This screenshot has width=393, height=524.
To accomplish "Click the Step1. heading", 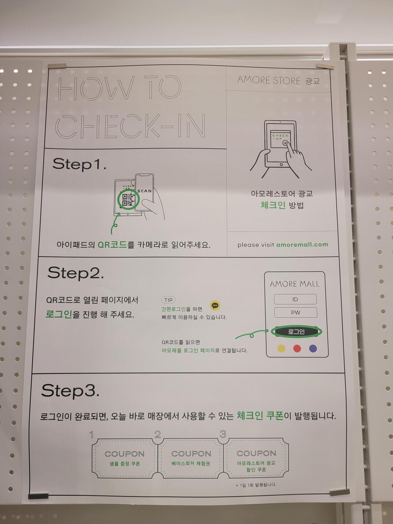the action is click(79, 164).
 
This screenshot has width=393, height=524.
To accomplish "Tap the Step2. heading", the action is click(76, 273).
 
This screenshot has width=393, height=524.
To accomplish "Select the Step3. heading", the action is click(70, 391).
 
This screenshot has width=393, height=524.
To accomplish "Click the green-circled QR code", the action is click(128, 199).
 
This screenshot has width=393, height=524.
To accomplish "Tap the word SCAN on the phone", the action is click(145, 191).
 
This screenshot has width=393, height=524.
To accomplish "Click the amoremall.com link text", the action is click(302, 244).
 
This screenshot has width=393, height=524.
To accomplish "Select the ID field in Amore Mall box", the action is click(295, 299).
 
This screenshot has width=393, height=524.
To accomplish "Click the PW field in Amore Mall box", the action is click(295, 312).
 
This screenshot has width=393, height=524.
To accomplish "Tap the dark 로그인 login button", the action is click(296, 331).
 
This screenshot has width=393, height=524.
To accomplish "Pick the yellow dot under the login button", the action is click(281, 348).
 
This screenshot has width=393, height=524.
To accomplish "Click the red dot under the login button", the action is click(297, 348).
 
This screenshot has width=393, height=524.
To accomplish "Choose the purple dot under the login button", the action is click(313, 348).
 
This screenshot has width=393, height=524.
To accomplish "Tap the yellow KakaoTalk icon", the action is click(215, 305).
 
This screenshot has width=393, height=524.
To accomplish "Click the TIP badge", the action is click(168, 300).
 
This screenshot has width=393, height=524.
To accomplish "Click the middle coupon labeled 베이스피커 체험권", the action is click(191, 458).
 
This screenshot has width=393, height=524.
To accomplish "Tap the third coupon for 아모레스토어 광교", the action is click(256, 458).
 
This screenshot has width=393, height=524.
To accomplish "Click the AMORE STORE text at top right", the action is click(269, 80).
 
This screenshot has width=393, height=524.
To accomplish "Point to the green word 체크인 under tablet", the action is click(273, 205).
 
